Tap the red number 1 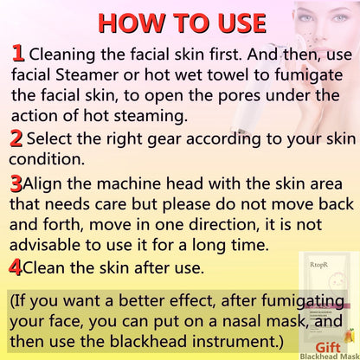click(17, 54)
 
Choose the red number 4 click(15, 267)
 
